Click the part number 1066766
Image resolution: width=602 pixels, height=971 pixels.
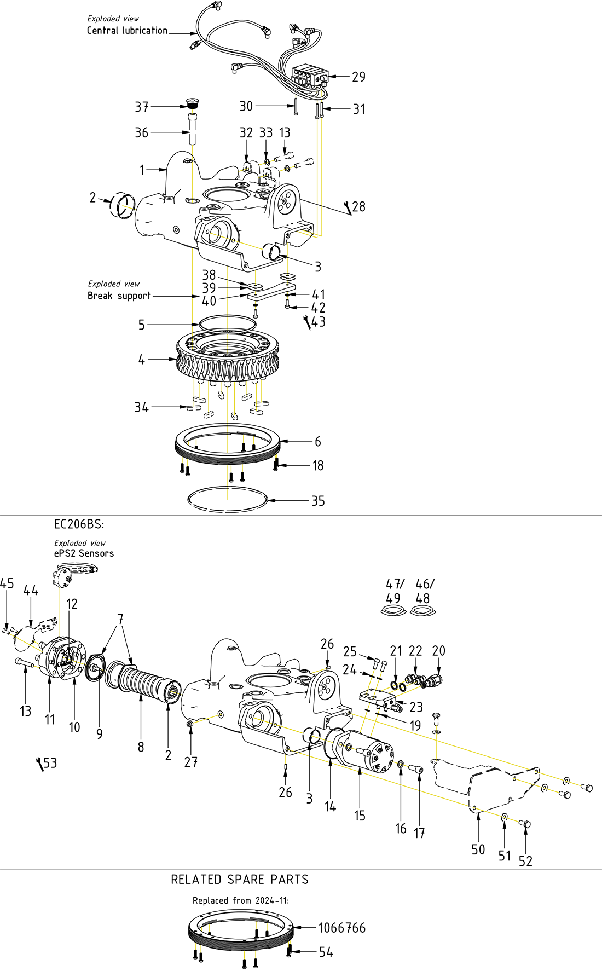pos(341,928)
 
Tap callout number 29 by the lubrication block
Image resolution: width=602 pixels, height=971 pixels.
pos(358,77)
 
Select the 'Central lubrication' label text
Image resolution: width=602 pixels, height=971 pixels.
pos(127,31)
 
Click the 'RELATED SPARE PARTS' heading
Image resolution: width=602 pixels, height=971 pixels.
pos(240,880)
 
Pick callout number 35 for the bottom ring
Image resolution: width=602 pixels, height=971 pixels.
pos(318,501)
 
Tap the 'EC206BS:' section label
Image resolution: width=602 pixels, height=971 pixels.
pos(79,524)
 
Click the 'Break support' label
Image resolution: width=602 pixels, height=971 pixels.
pos(119,296)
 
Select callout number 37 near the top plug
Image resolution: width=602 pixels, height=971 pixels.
pos(142,107)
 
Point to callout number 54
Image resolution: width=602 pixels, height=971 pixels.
pos(326,952)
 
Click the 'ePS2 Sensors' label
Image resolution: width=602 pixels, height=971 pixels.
pos(84,553)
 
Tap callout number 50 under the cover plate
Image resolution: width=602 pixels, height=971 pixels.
pos(478,849)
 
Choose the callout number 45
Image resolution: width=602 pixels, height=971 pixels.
pos(7,583)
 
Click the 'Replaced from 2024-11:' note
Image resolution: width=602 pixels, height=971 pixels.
pos(240,900)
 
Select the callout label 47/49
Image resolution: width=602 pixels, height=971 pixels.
pos(394,591)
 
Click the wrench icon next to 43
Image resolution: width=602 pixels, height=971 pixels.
pos(308,323)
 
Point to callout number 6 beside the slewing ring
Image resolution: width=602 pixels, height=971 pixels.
pos(317,441)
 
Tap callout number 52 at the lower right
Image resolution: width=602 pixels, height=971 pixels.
pos(525,861)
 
